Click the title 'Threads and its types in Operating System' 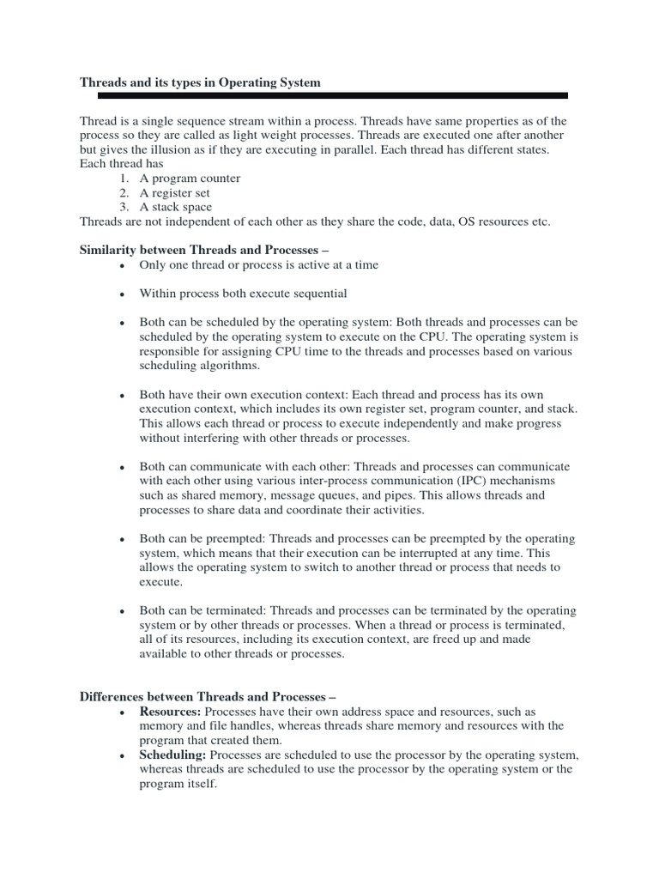[200, 82]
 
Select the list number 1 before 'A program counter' [124, 179]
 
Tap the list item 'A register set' [176, 193]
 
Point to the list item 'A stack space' [175, 207]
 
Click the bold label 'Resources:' [170, 712]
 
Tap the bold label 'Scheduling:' [172, 755]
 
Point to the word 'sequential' [318, 294]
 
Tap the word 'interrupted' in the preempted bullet [409, 554]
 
